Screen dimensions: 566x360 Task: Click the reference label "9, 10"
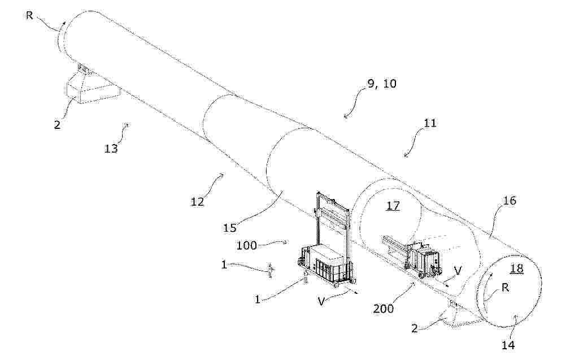point(381,84)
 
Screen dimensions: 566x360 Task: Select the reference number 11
point(429,123)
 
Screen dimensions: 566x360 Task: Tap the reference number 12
point(198,202)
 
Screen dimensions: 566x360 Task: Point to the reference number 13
point(111,148)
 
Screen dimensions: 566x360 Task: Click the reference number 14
point(507,345)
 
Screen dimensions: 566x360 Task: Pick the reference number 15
point(229,228)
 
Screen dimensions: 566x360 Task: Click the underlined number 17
point(394,206)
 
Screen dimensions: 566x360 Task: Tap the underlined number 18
point(517,268)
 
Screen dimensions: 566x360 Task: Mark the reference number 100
point(246,246)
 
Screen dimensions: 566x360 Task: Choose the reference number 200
point(384,309)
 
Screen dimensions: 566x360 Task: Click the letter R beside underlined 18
point(506,288)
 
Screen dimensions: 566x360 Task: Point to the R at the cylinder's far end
point(29,15)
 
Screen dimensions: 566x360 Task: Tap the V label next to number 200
point(458,271)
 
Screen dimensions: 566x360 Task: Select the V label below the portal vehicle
point(321,301)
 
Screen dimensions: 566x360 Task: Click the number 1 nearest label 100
point(224,264)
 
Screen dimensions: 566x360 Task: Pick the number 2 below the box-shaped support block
point(58,125)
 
